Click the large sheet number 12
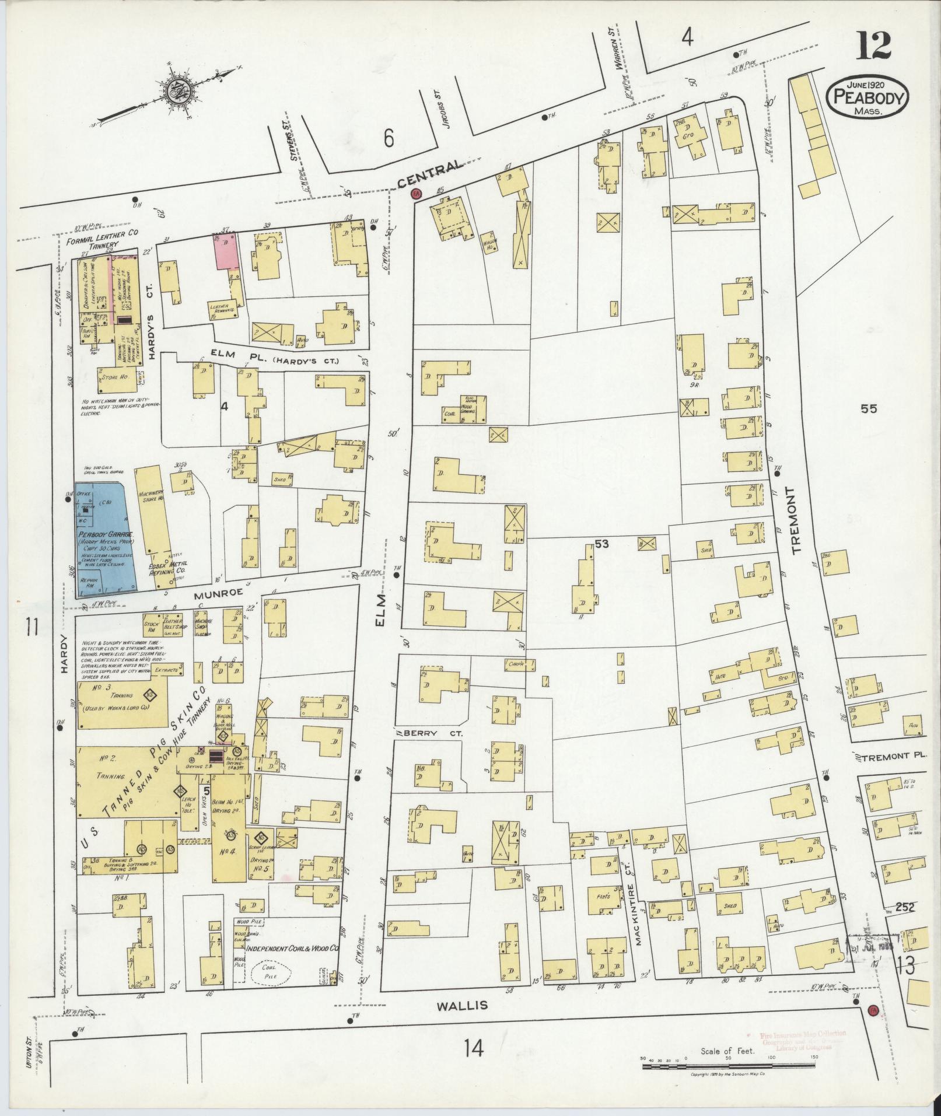click(873, 46)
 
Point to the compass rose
click(174, 91)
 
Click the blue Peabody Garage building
click(105, 540)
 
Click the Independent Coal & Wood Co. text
click(292, 949)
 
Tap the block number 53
click(601, 544)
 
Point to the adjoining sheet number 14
click(474, 1049)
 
